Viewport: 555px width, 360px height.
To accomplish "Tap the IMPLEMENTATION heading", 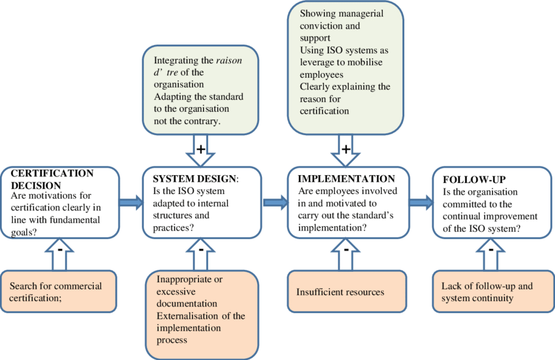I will pos(346,178).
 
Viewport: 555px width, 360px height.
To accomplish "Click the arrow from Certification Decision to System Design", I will pos(131,202).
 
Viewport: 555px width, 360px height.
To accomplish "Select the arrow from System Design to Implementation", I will pos(276,202).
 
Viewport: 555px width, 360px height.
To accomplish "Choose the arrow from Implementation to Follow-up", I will pos(420,202).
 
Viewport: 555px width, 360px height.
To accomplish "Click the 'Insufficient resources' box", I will pos(347,292).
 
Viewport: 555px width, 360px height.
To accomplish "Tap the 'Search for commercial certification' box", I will pos(60,292).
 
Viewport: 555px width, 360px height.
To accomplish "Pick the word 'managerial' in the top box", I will pos(367,14).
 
